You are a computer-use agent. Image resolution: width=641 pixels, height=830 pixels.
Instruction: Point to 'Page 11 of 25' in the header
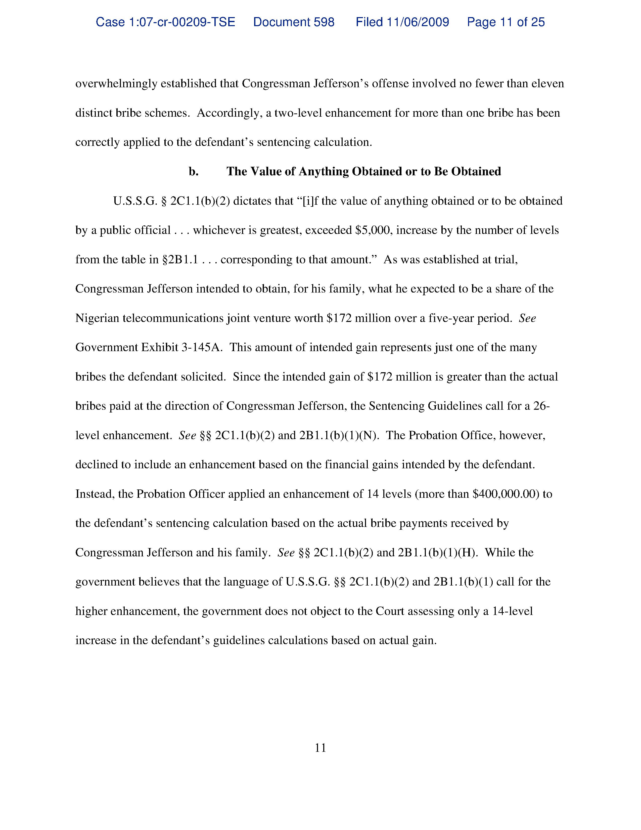tap(506, 22)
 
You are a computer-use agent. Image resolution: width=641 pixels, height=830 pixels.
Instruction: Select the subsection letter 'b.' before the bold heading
tap(193, 172)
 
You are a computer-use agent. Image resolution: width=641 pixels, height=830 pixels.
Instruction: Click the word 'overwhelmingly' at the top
tap(116, 84)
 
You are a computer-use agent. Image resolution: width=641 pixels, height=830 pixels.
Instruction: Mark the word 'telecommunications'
tap(173, 318)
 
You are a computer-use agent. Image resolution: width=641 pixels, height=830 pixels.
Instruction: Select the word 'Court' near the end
tap(390, 611)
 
